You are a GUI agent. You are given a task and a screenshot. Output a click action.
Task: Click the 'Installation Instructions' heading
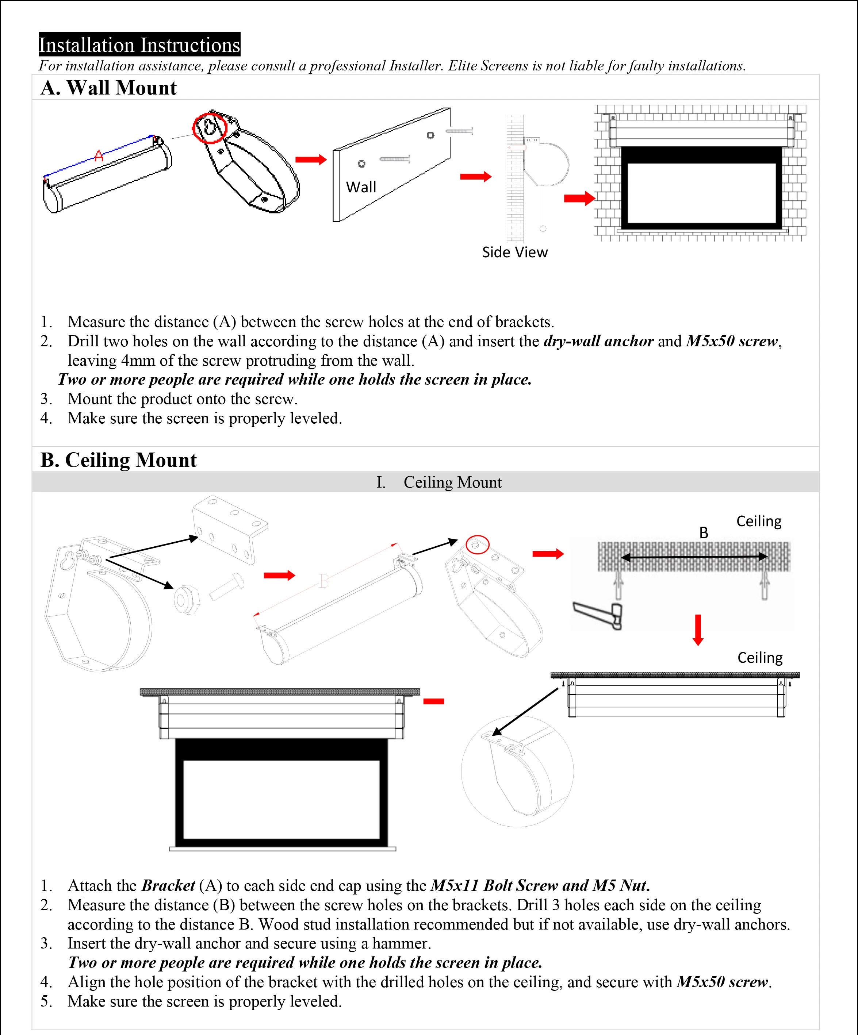pyautogui.click(x=139, y=45)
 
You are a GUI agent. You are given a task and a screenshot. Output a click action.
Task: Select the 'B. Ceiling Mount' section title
pyautogui.click(x=118, y=460)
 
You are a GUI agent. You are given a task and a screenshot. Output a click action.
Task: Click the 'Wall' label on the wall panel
pyautogui.click(x=361, y=187)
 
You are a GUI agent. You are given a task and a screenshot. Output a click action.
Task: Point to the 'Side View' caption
pyautogui.click(x=515, y=252)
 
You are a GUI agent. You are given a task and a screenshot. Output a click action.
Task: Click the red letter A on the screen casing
pyautogui.click(x=99, y=156)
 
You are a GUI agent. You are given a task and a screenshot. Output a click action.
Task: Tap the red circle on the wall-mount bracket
pyautogui.click(x=210, y=128)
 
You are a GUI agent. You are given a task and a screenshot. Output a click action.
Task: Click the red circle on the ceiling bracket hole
pyautogui.click(x=477, y=545)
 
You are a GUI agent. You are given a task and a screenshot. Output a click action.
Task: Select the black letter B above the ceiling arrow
pyautogui.click(x=704, y=533)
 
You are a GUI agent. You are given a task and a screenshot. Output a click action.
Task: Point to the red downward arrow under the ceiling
pyautogui.click(x=698, y=630)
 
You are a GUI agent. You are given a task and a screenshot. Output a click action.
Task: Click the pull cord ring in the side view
pyautogui.click(x=543, y=228)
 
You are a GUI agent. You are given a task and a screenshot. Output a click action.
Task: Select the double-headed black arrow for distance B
pyautogui.click(x=694, y=557)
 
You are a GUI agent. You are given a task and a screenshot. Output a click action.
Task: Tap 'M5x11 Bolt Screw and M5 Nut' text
pyautogui.click(x=540, y=886)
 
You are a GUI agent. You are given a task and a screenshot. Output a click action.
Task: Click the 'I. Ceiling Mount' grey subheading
pyautogui.click(x=439, y=482)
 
